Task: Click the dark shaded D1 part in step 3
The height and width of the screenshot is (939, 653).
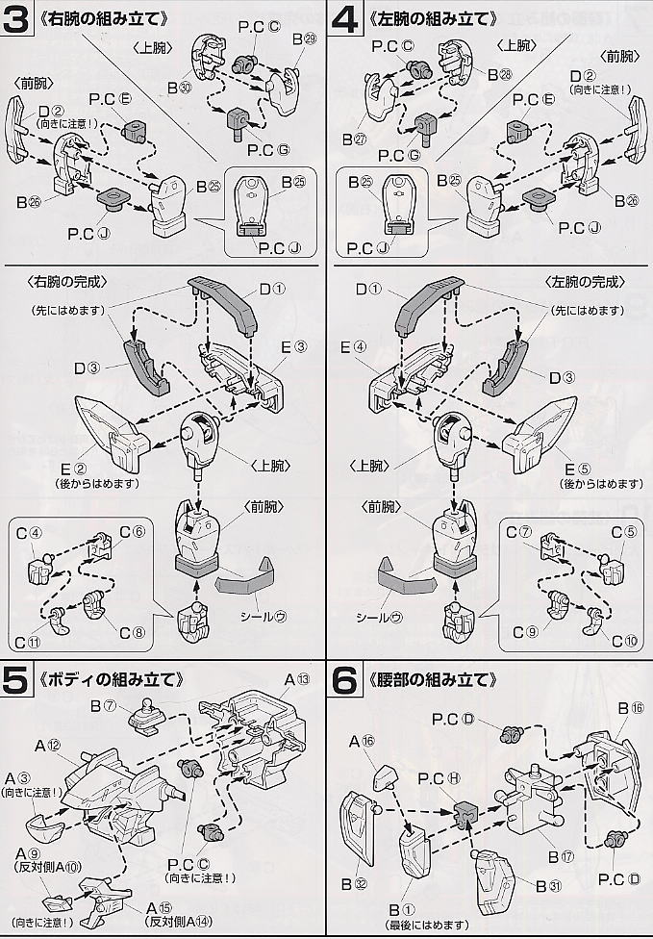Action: click(226, 308)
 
